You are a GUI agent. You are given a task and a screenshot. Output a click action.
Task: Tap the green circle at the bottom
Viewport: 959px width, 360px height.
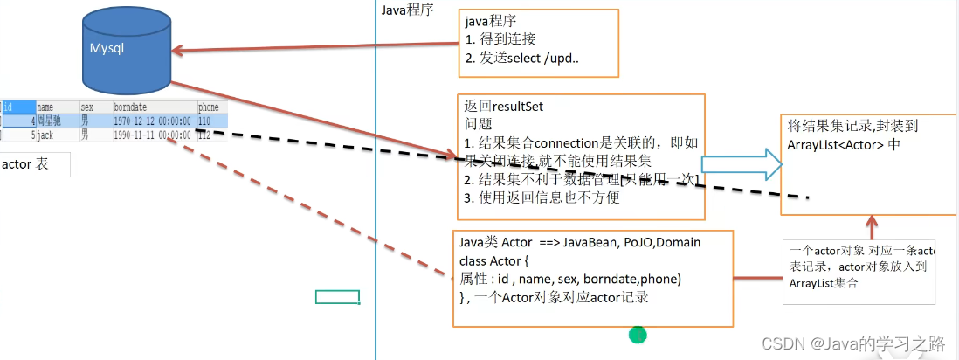tap(638, 334)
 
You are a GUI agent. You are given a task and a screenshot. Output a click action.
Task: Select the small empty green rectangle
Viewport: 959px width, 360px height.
tap(337, 297)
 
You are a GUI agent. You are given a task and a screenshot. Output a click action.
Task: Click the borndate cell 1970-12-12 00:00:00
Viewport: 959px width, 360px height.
tap(152, 121)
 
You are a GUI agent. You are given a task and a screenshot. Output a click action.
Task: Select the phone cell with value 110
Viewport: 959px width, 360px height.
tap(205, 121)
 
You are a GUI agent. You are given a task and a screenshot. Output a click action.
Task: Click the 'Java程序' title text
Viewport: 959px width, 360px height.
tap(407, 10)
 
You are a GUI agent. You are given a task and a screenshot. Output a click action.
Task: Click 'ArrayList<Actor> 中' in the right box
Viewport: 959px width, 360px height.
tap(843, 144)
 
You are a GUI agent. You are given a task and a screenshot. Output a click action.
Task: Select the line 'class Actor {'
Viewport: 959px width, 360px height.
tap(494, 261)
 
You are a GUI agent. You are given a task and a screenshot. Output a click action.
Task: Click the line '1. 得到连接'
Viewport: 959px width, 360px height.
tap(500, 38)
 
